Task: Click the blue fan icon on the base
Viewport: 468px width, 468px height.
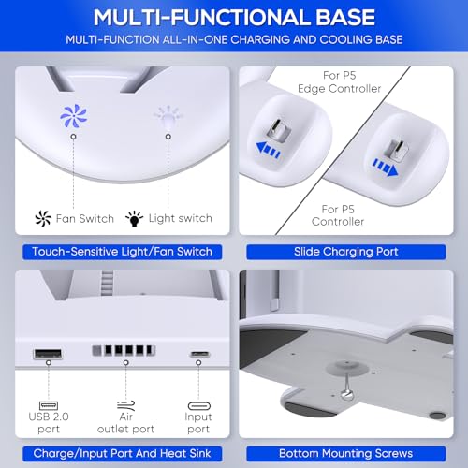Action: [x=74, y=116]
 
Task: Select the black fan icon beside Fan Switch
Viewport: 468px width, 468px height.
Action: [x=43, y=218]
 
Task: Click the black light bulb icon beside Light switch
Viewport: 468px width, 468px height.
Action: [x=134, y=218]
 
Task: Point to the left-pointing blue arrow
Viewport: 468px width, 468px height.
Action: [x=268, y=150]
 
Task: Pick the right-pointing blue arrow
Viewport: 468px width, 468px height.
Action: [x=386, y=168]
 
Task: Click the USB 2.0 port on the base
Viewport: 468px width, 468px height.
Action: [x=48, y=354]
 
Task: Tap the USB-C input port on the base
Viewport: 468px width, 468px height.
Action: [x=200, y=354]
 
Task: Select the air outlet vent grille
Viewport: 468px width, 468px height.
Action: [x=124, y=350]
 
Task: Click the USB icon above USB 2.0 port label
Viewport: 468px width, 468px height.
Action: [x=49, y=405]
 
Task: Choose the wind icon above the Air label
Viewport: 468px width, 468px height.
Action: [x=125, y=405]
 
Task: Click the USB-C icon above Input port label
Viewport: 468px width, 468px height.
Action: [x=199, y=405]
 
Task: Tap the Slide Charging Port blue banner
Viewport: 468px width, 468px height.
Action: [x=346, y=252]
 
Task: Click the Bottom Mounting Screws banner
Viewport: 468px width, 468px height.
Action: [x=346, y=454]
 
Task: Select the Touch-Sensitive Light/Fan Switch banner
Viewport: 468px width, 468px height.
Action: [x=122, y=252]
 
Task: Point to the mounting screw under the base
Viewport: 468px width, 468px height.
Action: [x=346, y=394]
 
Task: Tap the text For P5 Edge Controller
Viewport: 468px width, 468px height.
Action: [x=340, y=82]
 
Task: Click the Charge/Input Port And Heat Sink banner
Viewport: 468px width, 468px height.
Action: [x=122, y=454]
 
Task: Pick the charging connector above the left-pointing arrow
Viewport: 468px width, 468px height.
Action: [x=279, y=129]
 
